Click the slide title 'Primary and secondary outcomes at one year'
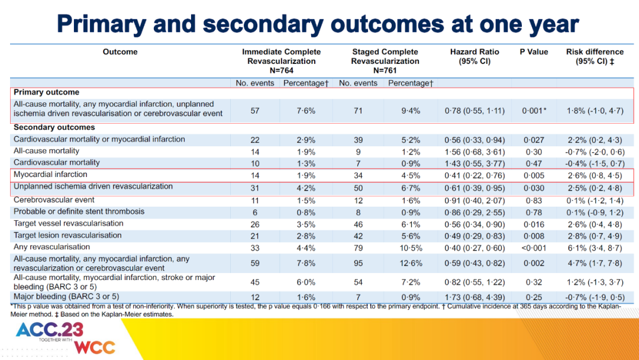pos(318,24)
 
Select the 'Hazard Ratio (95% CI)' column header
pos(475,56)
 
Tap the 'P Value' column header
pos(534,52)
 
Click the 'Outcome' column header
pos(120,52)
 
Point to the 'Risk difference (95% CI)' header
pos(595,56)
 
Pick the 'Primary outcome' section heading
pos(47,92)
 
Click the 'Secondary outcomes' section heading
pos(54,127)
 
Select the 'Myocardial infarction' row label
pos(50,175)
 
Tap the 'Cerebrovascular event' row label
pos(54,200)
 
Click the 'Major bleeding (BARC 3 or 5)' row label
pos(66,297)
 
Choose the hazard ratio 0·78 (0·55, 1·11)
pos(475,111)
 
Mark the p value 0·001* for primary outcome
pos(534,111)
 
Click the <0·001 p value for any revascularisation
pos(534,248)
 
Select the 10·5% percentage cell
pos(411,248)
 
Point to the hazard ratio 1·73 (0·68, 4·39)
pos(475,298)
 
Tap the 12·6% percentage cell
pos(411,263)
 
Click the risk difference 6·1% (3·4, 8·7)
pos(595,248)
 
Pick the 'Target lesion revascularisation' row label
pos(67,235)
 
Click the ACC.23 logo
pos(50,330)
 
